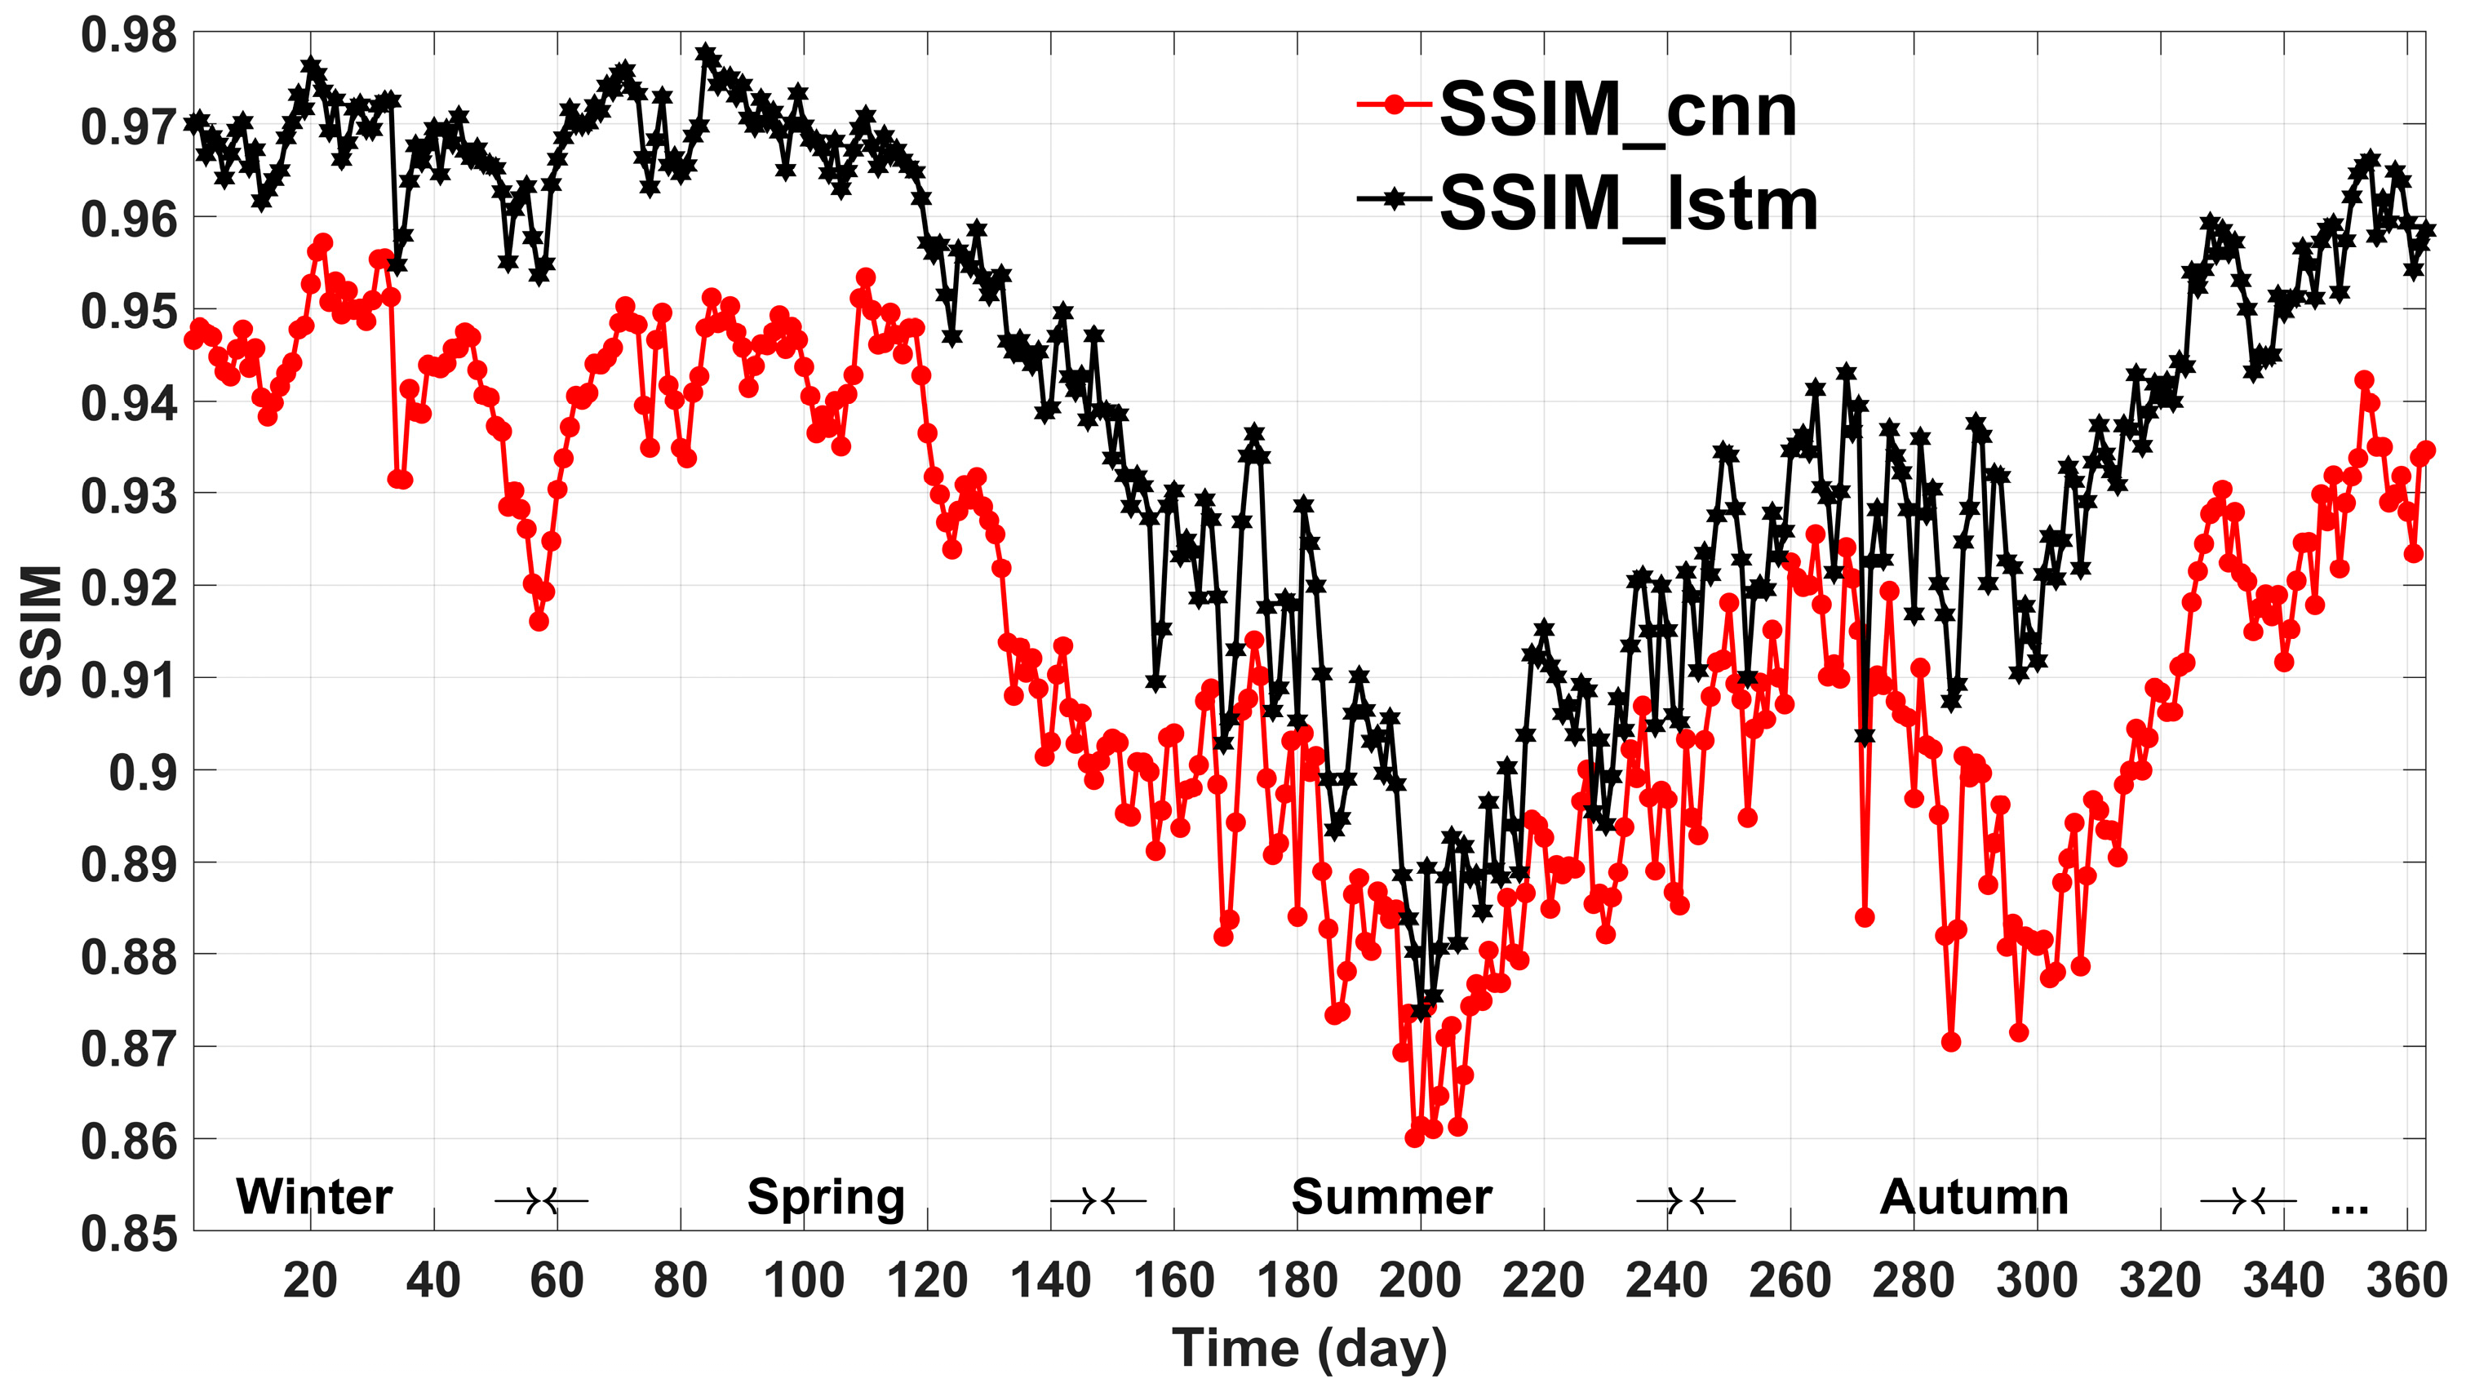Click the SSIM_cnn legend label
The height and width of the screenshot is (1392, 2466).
(x=1618, y=111)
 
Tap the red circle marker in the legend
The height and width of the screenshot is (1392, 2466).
(x=1394, y=104)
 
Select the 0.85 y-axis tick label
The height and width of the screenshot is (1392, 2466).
(x=129, y=1234)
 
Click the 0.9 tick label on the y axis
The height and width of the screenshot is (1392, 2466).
(x=144, y=772)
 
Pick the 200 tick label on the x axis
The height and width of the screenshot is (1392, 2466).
(x=1420, y=1280)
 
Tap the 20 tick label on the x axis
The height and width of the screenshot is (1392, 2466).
(x=310, y=1280)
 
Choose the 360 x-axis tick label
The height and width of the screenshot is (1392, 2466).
(x=2406, y=1280)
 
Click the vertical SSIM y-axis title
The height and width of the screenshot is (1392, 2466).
(x=41, y=632)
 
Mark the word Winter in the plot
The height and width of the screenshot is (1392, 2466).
(x=314, y=1197)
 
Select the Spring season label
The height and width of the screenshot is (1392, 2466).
(x=825, y=1197)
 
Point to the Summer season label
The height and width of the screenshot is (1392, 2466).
(x=1391, y=1197)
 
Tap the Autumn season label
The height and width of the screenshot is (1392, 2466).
(x=1973, y=1197)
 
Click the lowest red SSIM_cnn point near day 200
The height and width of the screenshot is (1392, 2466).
(x=1414, y=1137)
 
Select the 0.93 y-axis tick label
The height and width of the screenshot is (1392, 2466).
(x=129, y=496)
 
